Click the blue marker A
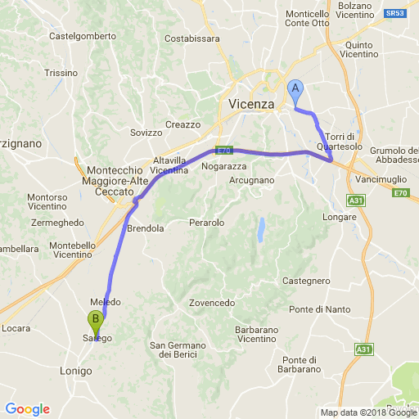[x=296, y=90]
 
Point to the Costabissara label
[x=192, y=38]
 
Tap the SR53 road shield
[x=396, y=14]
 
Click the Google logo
[x=27, y=409]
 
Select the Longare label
[x=340, y=217]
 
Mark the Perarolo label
[x=206, y=223]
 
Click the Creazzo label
[x=182, y=124]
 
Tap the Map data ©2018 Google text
[x=367, y=412]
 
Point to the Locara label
[x=16, y=328]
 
